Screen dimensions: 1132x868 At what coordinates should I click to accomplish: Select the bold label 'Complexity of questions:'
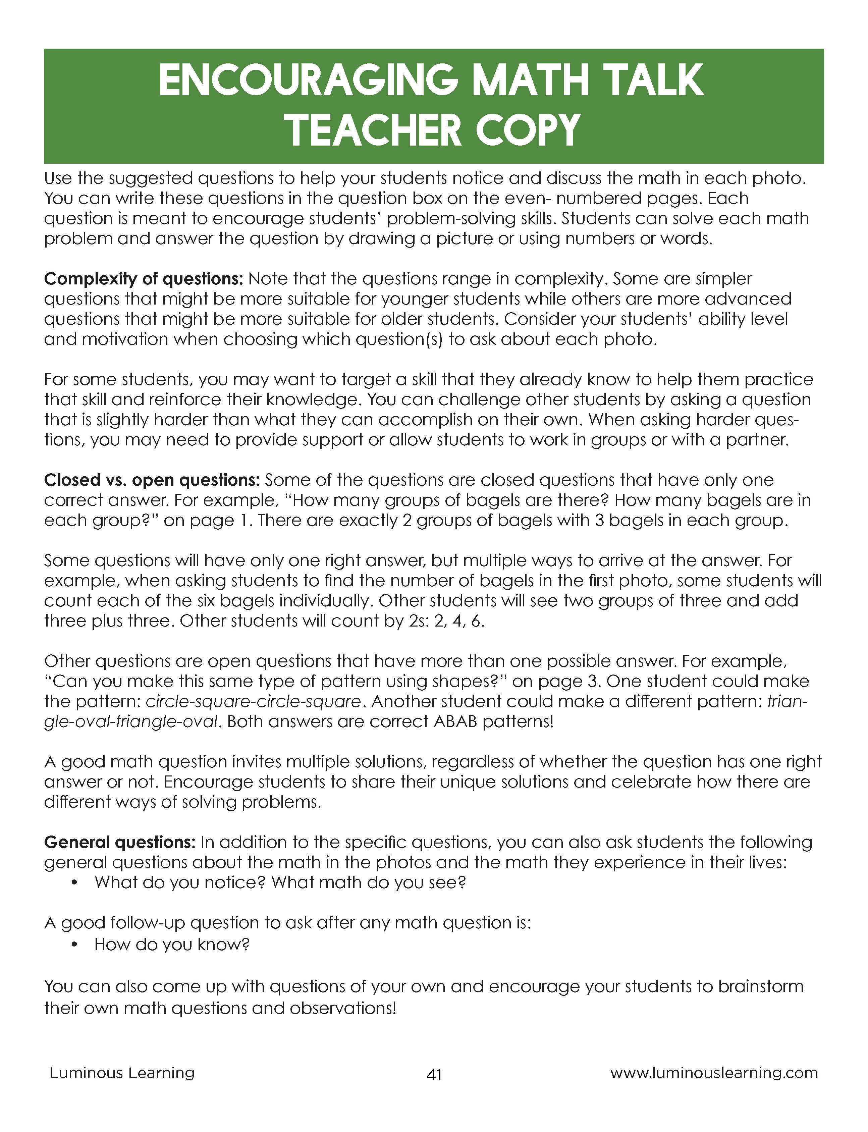(143, 279)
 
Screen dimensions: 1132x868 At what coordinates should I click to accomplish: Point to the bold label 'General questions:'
(120, 842)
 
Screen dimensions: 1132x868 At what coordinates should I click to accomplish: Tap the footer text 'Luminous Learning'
(122, 1073)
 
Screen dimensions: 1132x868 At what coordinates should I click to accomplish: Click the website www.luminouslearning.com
(714, 1073)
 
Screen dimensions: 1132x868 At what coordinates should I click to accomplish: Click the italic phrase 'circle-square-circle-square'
(253, 702)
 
